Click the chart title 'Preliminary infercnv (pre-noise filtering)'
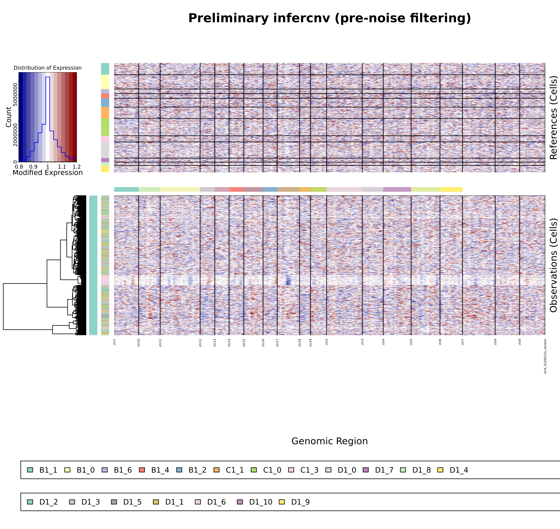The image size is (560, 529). click(329, 18)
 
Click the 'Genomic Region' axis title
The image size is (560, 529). click(329, 441)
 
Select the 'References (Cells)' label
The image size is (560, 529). click(553, 118)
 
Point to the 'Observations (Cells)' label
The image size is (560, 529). click(553, 265)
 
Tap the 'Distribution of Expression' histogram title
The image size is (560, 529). click(48, 68)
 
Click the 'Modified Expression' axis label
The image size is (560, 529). click(48, 173)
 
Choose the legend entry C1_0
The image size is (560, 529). click(272, 470)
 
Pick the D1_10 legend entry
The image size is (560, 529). click(261, 502)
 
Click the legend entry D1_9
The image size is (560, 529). click(300, 502)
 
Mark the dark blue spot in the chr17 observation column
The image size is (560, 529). click(288, 281)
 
